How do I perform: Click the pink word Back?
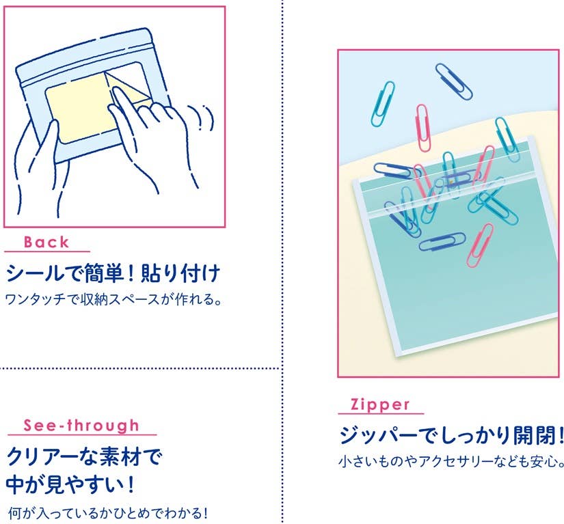[x=46, y=243]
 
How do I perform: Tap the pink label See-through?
[x=81, y=426]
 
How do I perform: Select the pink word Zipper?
[x=380, y=405]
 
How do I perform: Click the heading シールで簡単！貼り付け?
[x=113, y=273]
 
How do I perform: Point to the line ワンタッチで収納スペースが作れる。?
[x=113, y=299]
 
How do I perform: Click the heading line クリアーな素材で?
[x=84, y=457]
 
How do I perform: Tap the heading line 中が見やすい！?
[x=71, y=484]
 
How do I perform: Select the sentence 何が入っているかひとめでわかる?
[x=108, y=513]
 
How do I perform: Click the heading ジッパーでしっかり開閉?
[x=451, y=435]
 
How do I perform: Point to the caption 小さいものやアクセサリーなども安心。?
[x=451, y=461]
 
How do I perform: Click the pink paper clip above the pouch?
[x=423, y=128]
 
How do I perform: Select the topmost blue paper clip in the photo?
[x=453, y=81]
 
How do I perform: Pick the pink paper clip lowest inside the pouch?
[x=480, y=245]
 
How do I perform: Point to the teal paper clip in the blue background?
[x=383, y=105]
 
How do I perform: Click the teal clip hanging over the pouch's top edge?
[x=507, y=139]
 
